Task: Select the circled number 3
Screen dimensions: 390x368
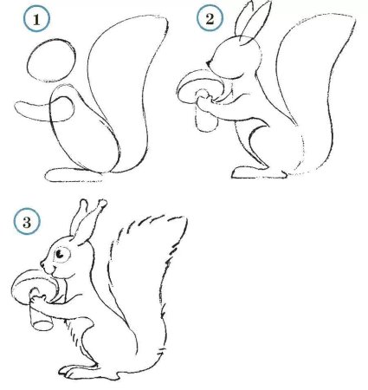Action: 28,222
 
